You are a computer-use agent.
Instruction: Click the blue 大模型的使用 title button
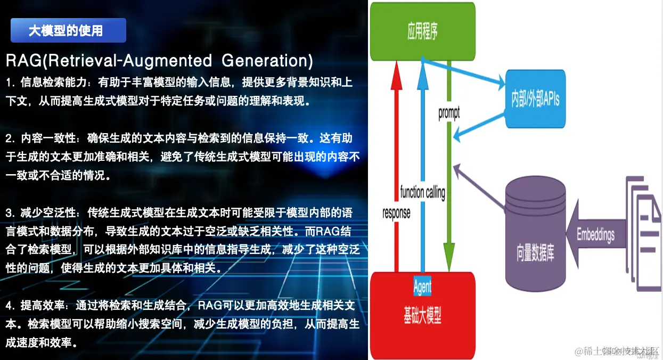68,30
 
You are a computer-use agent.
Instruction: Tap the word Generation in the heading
267,61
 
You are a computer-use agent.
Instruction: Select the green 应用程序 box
422,31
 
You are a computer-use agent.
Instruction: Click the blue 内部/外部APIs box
535,100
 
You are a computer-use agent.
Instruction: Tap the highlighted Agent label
422,287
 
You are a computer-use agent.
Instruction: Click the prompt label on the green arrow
448,113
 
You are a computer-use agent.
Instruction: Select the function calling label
422,192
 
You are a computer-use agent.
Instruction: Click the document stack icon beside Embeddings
642,224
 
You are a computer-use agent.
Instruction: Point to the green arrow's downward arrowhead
449,261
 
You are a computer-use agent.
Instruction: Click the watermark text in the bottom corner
618,351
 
